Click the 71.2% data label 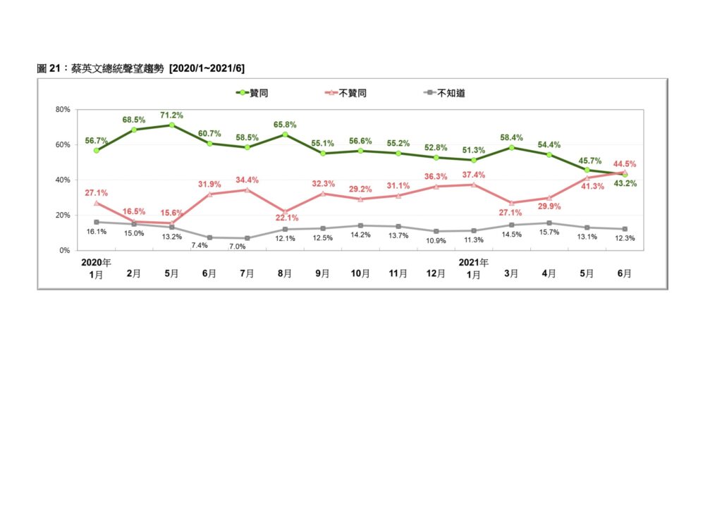172,115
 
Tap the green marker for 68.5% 134,130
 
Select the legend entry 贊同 252,93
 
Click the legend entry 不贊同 345,93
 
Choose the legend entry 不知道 444,93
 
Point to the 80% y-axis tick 63,109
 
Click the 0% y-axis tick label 64,251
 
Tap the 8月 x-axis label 285,273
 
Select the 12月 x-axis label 436,273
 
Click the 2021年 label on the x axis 473,263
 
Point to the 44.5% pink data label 625,163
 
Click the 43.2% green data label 625,183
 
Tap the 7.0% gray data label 237,247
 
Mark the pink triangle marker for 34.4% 247,189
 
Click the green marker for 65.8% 285,135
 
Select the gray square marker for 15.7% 549,223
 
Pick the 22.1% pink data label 287,218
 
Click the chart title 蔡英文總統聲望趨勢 118,68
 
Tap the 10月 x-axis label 360,273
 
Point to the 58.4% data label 512,137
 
